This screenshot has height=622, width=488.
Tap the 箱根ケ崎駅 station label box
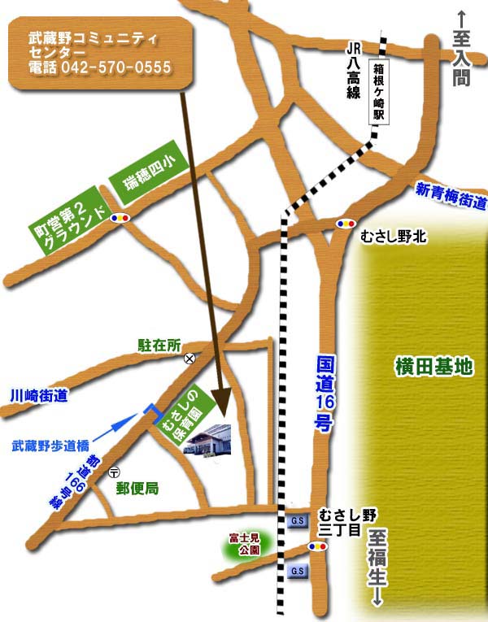[x=377, y=93]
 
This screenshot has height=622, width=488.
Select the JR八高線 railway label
[x=352, y=72]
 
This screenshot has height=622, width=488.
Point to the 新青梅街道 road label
[x=451, y=195]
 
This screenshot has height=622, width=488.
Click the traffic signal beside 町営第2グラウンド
[x=122, y=218]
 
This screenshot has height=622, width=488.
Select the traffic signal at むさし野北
[x=346, y=222]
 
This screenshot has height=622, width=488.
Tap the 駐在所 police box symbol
[x=190, y=357]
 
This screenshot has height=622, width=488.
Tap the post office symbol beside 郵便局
[x=114, y=472]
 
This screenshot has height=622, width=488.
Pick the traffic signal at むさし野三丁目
[x=320, y=546]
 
